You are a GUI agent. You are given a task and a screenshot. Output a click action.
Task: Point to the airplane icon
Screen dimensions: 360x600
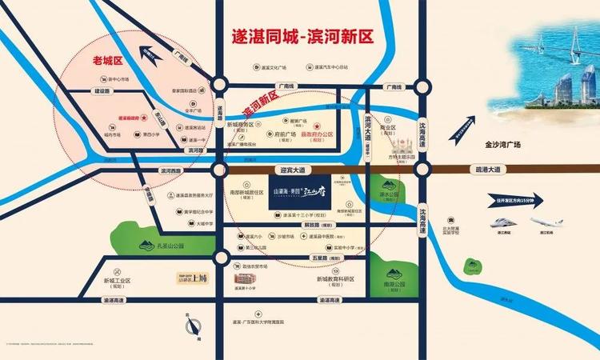pos(546,220)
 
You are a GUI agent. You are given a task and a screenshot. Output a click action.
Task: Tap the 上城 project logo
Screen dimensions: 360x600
pos(191,280)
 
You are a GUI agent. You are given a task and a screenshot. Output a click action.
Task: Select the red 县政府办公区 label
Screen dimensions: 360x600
pos(336,136)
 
